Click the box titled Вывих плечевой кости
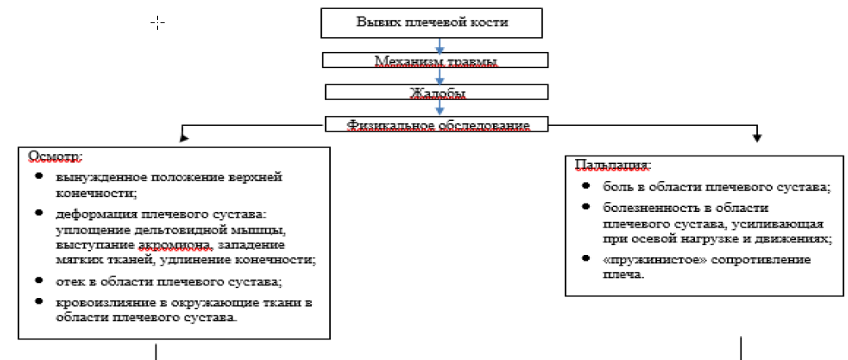click(x=432, y=22)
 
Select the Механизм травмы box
click(x=436, y=60)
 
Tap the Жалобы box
click(x=437, y=92)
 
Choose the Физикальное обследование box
click(x=437, y=124)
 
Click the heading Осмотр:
click(x=55, y=156)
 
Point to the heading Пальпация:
click(x=613, y=164)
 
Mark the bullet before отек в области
click(x=38, y=281)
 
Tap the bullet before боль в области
click(x=586, y=187)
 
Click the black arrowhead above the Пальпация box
click(x=757, y=138)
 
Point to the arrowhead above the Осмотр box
click(x=184, y=138)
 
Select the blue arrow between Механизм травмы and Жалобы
click(x=438, y=76)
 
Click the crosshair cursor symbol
click(x=157, y=22)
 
